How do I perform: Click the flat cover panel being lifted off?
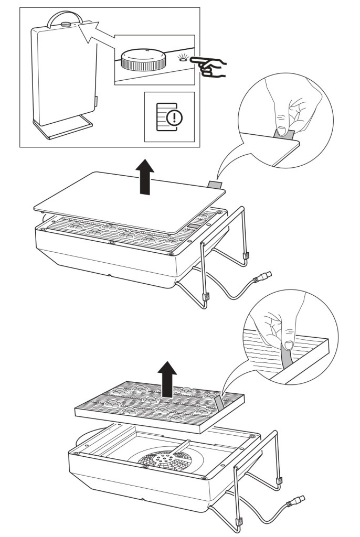[x=129, y=202]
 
